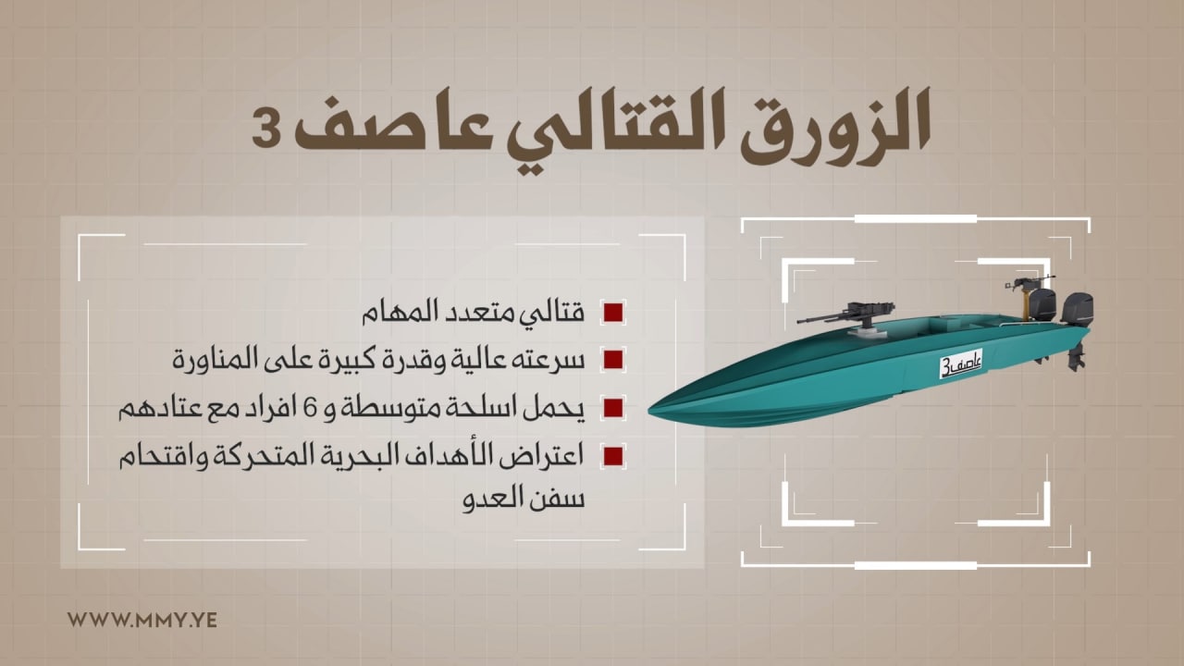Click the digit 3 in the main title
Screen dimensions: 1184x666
point(269,129)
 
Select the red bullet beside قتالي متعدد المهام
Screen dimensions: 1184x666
point(613,313)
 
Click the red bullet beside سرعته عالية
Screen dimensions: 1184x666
point(613,360)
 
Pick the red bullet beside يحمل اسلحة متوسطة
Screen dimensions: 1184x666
point(613,408)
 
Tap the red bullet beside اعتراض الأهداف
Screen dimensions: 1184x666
point(613,456)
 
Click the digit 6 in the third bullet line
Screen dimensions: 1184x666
point(312,408)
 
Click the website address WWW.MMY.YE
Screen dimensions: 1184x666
point(142,620)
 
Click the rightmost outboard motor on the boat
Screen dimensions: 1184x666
point(1078,328)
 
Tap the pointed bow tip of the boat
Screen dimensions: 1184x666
point(650,410)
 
